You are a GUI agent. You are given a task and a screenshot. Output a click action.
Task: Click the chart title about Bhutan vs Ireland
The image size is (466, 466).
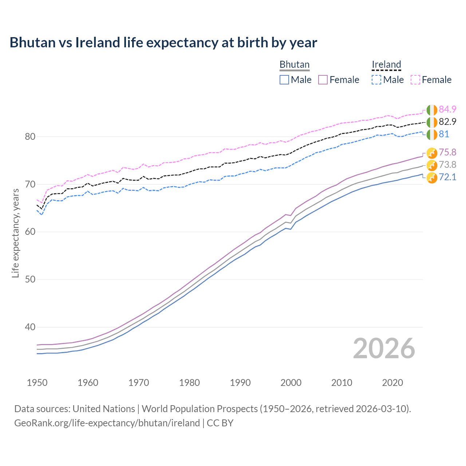click(163, 43)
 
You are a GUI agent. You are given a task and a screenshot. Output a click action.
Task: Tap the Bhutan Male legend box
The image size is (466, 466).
click(284, 80)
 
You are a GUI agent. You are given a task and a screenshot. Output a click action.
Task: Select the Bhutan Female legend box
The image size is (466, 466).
click(323, 80)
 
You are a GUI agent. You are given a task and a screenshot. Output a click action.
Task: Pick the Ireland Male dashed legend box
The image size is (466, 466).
click(376, 80)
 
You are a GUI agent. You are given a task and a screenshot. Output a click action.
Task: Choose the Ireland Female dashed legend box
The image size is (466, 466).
click(415, 80)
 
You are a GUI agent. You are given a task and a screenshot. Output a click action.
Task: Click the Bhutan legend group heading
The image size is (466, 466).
click(295, 64)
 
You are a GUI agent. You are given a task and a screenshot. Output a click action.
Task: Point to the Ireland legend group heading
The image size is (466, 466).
click(386, 64)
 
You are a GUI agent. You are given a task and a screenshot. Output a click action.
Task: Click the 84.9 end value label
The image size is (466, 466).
click(447, 109)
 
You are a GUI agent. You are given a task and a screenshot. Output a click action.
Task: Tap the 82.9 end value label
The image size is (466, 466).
click(447, 122)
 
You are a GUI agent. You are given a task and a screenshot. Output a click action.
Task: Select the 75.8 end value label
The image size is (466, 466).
click(447, 152)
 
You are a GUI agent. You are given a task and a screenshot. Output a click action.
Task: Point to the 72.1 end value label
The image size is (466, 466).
click(447, 177)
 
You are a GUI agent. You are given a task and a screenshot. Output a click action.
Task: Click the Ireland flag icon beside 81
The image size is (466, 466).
click(432, 134)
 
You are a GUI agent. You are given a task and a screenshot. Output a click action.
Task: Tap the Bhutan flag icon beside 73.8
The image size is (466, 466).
click(432, 165)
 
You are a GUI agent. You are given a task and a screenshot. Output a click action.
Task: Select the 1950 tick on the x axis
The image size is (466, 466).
click(37, 383)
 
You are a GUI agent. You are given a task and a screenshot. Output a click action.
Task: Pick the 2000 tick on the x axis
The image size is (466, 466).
click(291, 383)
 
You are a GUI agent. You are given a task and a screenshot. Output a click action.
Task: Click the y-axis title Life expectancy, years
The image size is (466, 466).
click(16, 233)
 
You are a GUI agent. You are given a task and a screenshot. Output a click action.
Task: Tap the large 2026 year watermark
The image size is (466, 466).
click(384, 348)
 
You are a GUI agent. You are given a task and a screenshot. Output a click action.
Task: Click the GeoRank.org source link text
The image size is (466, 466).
click(107, 423)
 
